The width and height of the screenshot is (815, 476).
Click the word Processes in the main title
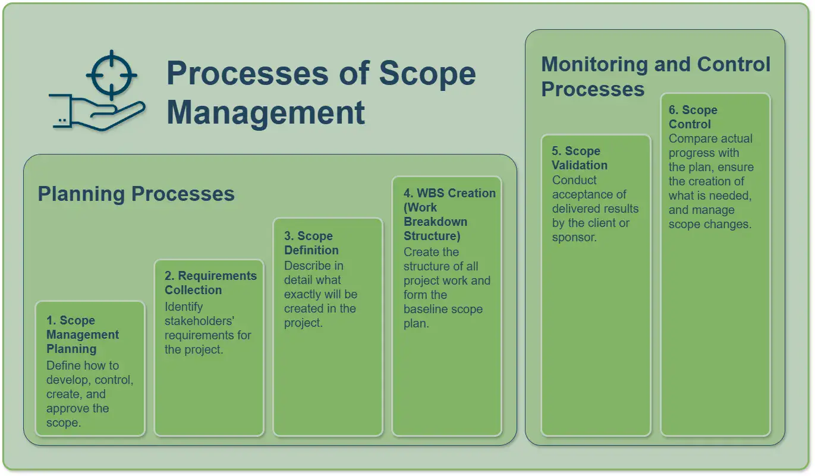[x=248, y=74]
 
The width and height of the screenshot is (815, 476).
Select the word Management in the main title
[x=266, y=113]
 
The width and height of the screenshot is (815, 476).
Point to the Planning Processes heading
[x=136, y=194]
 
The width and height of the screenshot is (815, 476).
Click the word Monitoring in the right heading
[x=594, y=64]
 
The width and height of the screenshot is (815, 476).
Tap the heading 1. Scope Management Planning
[x=83, y=335]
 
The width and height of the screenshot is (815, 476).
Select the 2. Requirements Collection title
[x=210, y=282]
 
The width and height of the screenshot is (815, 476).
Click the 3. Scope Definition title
[x=311, y=243]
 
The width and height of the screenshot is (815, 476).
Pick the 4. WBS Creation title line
[x=449, y=193]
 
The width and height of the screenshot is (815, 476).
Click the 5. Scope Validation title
[x=579, y=158]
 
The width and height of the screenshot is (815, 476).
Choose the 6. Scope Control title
[x=693, y=116]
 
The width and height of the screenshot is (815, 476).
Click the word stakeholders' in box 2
[x=199, y=321]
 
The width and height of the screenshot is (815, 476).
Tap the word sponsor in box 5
[x=574, y=237]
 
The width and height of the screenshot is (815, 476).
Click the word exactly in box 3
[x=306, y=294]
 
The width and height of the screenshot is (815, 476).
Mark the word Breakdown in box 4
[x=435, y=222]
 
